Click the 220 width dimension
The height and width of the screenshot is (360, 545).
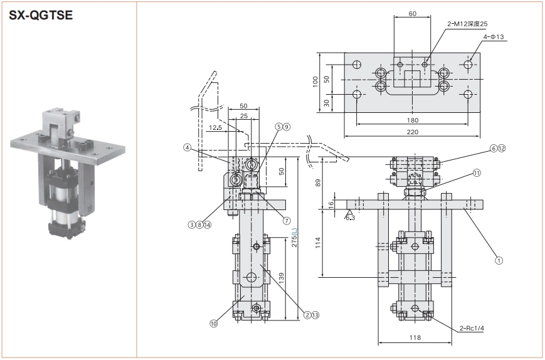pos(413,132)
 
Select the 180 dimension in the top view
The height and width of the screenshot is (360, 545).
pos(413,119)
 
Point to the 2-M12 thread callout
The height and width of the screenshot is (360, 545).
pos(467,24)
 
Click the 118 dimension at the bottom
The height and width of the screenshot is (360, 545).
pos(415,338)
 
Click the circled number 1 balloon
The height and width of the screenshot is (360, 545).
pos(499,257)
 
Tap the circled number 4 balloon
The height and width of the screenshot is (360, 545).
pos(187,148)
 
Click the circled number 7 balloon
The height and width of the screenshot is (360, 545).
pos(287,221)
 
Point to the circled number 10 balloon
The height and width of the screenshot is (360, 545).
pos(214,324)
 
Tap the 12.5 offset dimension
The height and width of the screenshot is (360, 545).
pos(215,128)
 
